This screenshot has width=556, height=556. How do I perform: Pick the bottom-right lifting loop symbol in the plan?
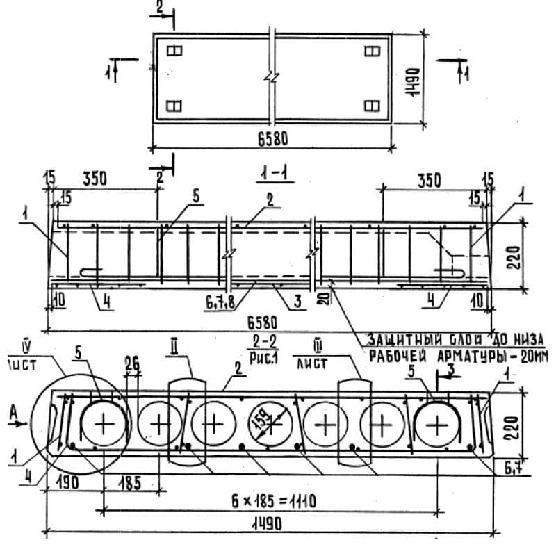[372, 106]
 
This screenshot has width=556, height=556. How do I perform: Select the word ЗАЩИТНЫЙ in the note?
[400, 340]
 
